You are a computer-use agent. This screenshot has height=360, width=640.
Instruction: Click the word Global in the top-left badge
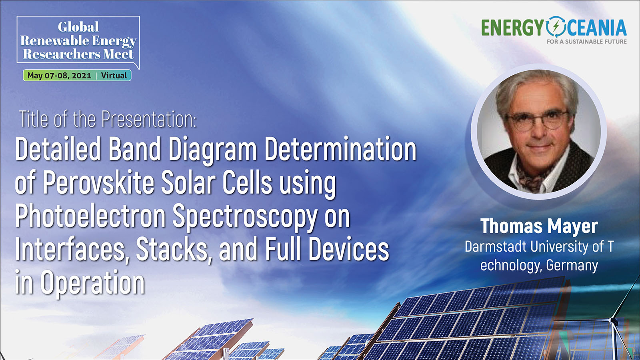click(x=78, y=27)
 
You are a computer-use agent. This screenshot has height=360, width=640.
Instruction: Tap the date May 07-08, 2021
click(x=59, y=76)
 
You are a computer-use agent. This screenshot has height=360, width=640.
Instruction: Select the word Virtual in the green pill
click(x=114, y=76)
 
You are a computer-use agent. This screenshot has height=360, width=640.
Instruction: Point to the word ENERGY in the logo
click(x=512, y=28)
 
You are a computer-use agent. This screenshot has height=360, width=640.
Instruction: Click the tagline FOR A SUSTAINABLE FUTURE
click(x=586, y=42)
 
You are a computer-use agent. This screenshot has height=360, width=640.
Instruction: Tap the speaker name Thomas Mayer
click(x=539, y=226)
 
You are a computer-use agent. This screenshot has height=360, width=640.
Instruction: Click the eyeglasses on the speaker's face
click(x=536, y=120)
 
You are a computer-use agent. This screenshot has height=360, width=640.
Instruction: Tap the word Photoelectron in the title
click(x=90, y=216)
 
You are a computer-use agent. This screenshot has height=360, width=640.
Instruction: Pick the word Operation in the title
click(x=92, y=283)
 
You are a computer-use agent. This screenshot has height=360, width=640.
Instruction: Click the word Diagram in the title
click(x=212, y=150)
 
